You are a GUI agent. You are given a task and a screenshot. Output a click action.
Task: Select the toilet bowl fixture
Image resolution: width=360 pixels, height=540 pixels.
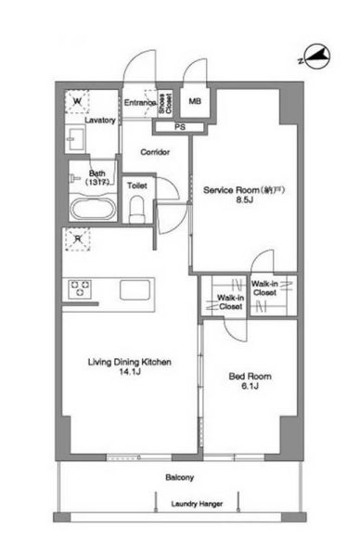[137, 210]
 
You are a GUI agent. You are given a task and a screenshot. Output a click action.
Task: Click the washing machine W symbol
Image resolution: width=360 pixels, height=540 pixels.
[78, 101]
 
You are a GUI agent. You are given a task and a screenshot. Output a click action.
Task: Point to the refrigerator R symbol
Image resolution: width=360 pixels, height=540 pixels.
[78, 238]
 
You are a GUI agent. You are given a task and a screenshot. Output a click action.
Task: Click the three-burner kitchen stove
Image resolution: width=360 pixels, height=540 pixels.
[80, 289]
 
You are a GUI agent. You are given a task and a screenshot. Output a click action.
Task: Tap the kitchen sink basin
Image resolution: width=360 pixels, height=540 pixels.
[135, 290]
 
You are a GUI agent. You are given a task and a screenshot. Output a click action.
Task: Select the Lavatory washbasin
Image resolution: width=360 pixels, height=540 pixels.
[76, 139]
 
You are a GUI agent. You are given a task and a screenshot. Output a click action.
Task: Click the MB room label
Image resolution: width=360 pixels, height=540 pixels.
[195, 101]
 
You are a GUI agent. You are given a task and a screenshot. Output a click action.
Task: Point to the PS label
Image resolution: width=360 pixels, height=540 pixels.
[180, 127]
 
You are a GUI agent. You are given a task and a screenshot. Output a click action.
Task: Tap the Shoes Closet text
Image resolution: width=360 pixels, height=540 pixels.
[165, 104]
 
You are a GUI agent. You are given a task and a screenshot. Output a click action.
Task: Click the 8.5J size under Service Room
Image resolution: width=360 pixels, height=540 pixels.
[245, 199]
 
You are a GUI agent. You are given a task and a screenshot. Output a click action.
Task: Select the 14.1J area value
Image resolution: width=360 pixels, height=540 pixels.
[129, 371]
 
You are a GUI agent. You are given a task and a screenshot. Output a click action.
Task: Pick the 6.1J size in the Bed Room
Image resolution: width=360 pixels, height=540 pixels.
[250, 386]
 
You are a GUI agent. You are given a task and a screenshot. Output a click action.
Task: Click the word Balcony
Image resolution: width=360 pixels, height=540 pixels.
[179, 477]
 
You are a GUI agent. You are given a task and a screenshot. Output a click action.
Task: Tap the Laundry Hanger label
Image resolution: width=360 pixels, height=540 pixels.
[197, 504]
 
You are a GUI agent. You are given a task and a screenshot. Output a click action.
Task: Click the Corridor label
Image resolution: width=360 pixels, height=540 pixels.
[155, 152]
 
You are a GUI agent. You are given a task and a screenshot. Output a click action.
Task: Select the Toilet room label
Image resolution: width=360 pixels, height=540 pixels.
[137, 186]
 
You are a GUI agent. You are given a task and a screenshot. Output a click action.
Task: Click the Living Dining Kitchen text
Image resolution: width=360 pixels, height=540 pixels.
[130, 362]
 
